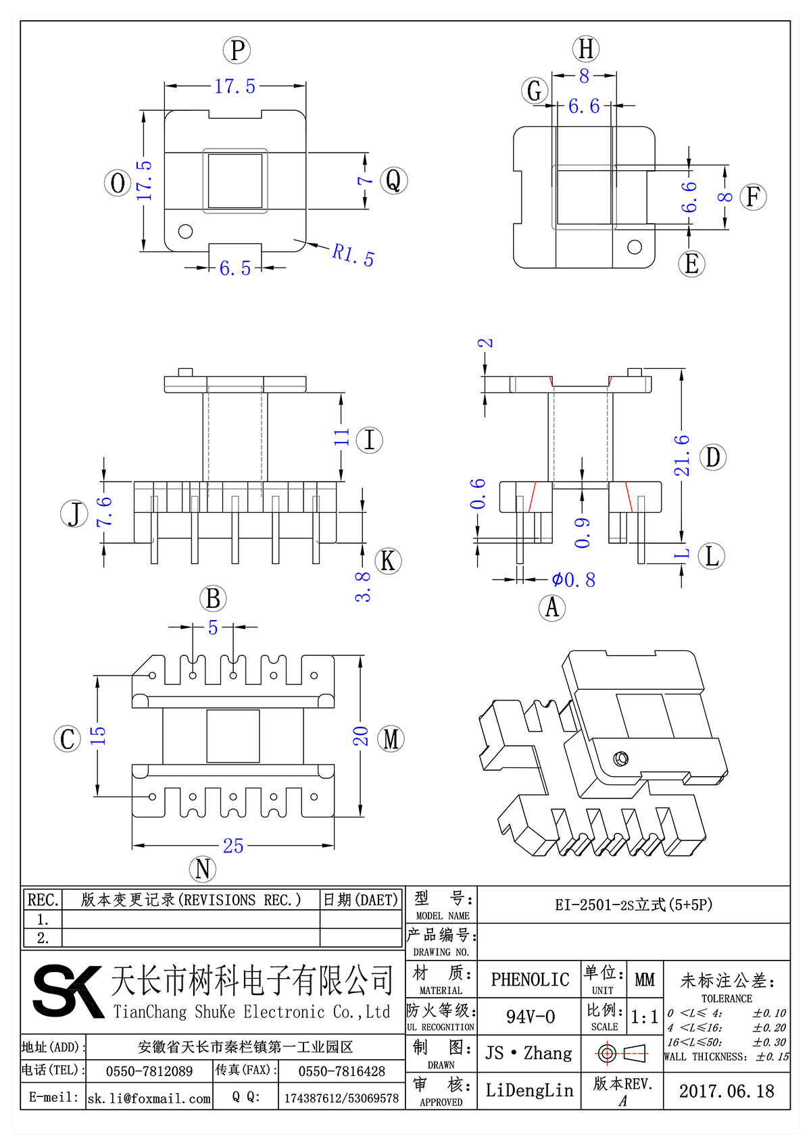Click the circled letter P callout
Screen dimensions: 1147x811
click(x=237, y=51)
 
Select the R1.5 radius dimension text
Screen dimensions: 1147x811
click(x=353, y=255)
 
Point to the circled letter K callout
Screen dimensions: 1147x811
click(x=387, y=561)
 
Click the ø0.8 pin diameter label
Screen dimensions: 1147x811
click(x=573, y=580)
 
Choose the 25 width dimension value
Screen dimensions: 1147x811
click(x=233, y=846)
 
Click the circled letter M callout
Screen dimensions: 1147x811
click(x=391, y=738)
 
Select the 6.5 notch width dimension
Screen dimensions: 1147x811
click(x=235, y=268)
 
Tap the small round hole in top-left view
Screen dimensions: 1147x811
click(x=185, y=231)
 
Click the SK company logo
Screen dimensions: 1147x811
click(x=68, y=991)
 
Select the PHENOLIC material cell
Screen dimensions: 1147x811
click(x=530, y=979)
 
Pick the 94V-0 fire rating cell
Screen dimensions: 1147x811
click(x=530, y=1017)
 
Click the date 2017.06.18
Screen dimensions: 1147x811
click(x=727, y=1091)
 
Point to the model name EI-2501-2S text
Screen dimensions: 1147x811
click(x=633, y=904)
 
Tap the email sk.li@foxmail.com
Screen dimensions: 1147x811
click(x=149, y=1098)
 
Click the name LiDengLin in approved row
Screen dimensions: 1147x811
click(x=529, y=1090)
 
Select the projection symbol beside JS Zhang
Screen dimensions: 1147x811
click(x=622, y=1053)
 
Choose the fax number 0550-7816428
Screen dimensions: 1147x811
click(x=341, y=1071)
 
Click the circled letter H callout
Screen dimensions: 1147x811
click(x=586, y=49)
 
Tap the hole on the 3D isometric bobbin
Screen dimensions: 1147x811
click(x=620, y=759)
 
